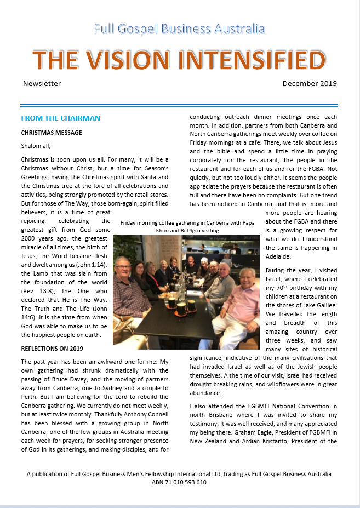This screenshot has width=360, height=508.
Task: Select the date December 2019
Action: coord(310,84)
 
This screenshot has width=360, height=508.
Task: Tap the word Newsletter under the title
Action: coord(42,84)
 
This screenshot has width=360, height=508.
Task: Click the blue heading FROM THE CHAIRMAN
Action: coord(60,118)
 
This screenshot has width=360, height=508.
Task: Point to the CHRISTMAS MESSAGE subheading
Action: coord(52,133)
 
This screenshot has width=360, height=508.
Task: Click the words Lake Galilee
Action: coord(318,305)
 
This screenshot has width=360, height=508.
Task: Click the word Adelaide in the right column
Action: coord(279,256)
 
